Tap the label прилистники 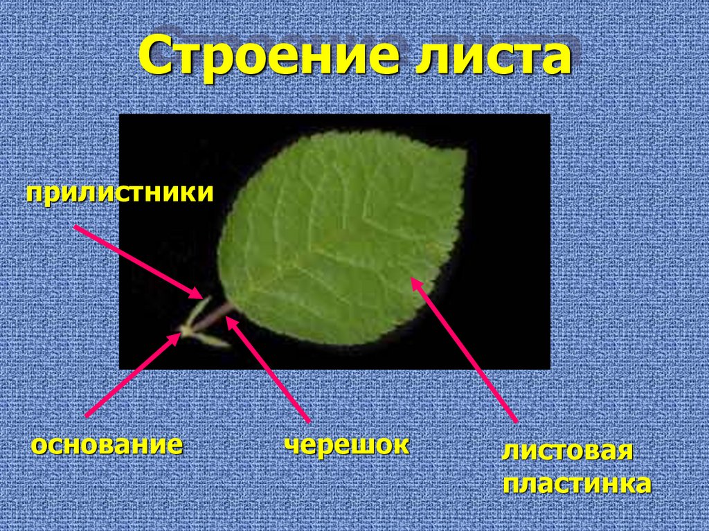tap(120, 193)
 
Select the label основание tap(107, 444)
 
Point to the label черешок tap(346, 444)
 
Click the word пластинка tap(576, 483)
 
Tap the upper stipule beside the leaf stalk tap(200, 307)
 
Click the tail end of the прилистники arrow tap(74, 226)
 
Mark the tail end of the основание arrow tap(85, 415)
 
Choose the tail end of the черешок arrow tap(308, 421)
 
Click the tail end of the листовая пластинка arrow tap(516, 420)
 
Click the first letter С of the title tap(157, 58)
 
